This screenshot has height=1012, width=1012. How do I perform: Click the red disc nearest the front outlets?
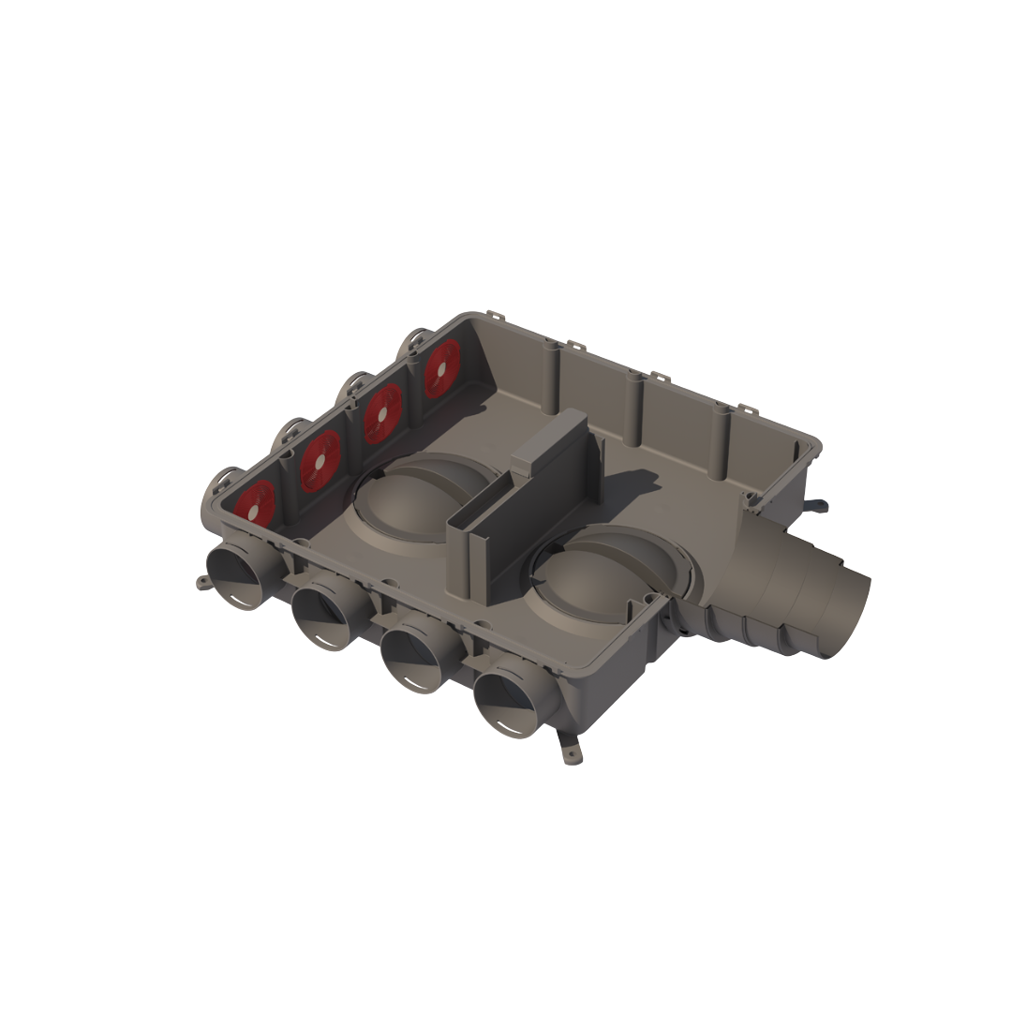click(x=255, y=503)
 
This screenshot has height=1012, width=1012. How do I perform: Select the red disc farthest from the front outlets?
click(x=442, y=368)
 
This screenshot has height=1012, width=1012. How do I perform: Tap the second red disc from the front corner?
click(x=320, y=460)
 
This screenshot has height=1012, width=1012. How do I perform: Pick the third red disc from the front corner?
click(x=382, y=413)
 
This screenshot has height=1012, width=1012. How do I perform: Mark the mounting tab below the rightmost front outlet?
click(x=570, y=749)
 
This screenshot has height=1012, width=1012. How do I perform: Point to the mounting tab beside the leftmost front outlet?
click(x=203, y=583)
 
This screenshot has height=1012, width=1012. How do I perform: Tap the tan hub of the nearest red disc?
click(x=256, y=505)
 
